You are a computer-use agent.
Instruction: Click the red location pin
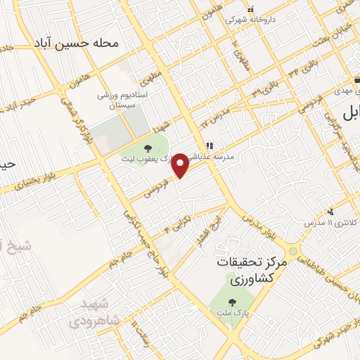181,165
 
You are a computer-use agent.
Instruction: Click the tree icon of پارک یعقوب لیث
148,148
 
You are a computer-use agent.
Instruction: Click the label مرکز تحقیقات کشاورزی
252,269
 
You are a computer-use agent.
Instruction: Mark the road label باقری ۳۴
292,70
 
